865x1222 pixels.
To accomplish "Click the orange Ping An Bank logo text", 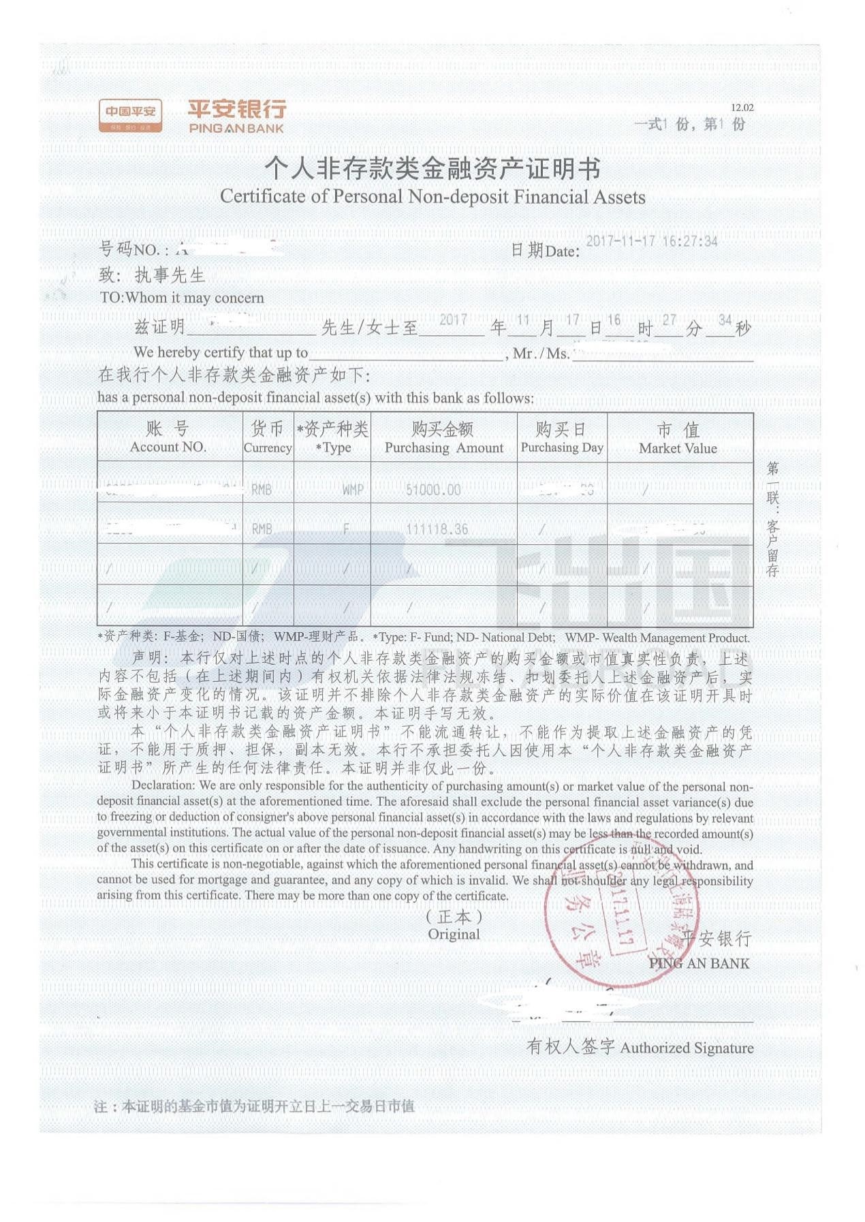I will [x=236, y=116].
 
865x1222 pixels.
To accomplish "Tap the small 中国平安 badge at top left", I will [x=130, y=115].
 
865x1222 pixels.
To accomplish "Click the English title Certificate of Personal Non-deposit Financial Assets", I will [x=432, y=197].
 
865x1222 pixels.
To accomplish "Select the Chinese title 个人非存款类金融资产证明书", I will [x=432, y=168].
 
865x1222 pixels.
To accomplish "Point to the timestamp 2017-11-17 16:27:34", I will [x=651, y=241].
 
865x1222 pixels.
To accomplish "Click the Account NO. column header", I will [x=168, y=437].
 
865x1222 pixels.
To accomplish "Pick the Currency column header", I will [x=268, y=437].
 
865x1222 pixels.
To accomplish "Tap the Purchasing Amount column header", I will [x=443, y=438].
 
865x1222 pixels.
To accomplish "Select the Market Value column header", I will [x=678, y=438].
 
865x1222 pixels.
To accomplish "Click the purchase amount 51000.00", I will [x=433, y=490].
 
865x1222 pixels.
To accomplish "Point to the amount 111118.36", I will [x=437, y=529].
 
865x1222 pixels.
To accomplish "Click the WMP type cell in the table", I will [x=352, y=490].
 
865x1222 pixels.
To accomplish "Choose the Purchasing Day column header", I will [x=562, y=437].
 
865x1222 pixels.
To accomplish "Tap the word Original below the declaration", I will [x=454, y=935].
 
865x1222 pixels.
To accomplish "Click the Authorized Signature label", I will [x=687, y=1048].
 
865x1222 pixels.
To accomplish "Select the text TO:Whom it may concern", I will [x=182, y=298].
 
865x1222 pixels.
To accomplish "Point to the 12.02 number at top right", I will [x=742, y=108].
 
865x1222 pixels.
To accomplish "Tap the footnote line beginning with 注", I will [x=254, y=1106].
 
